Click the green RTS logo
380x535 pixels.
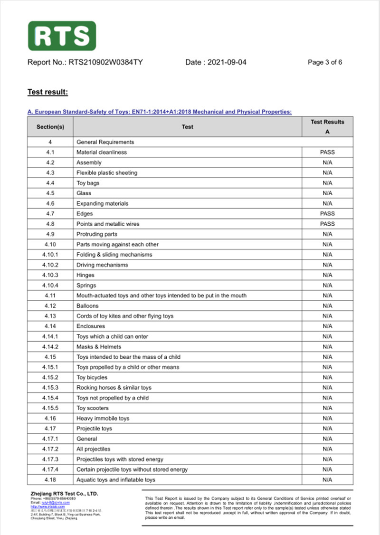coord(62,36)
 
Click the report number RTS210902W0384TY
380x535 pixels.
coord(105,62)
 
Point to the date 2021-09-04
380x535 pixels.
coord(227,62)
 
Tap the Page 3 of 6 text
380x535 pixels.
coord(325,62)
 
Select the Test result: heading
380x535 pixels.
coord(47,92)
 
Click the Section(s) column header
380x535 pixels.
coord(50,127)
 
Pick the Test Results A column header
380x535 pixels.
coord(327,127)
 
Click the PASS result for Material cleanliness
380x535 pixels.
coord(327,153)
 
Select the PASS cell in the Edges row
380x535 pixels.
coord(327,214)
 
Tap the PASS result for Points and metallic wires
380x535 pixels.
coord(327,224)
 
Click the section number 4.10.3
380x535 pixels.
coord(50,275)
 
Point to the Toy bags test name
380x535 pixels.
coord(88,183)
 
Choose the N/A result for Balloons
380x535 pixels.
coord(327,306)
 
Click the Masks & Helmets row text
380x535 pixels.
coord(99,347)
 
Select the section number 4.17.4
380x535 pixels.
coord(50,469)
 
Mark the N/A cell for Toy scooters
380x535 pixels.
coord(327,408)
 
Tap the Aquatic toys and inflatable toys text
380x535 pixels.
coord(116,480)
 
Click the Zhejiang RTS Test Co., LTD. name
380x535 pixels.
coord(64,494)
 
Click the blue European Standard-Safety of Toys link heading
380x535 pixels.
coord(159,112)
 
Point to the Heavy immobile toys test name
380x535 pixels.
coord(103,419)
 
